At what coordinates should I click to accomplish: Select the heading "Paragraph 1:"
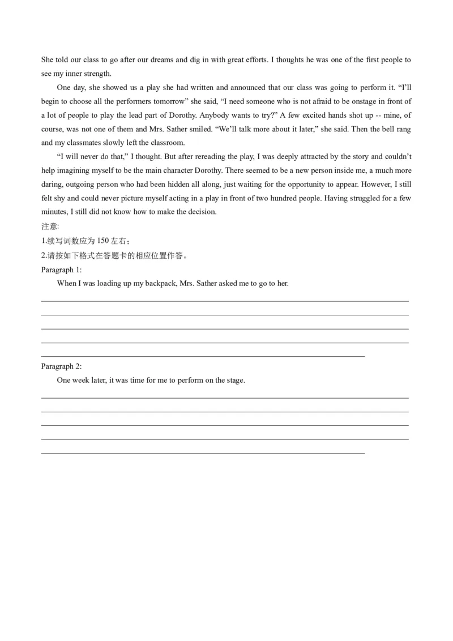pyautogui.click(x=62, y=270)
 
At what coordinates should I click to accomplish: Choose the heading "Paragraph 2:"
pyautogui.click(x=62, y=366)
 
